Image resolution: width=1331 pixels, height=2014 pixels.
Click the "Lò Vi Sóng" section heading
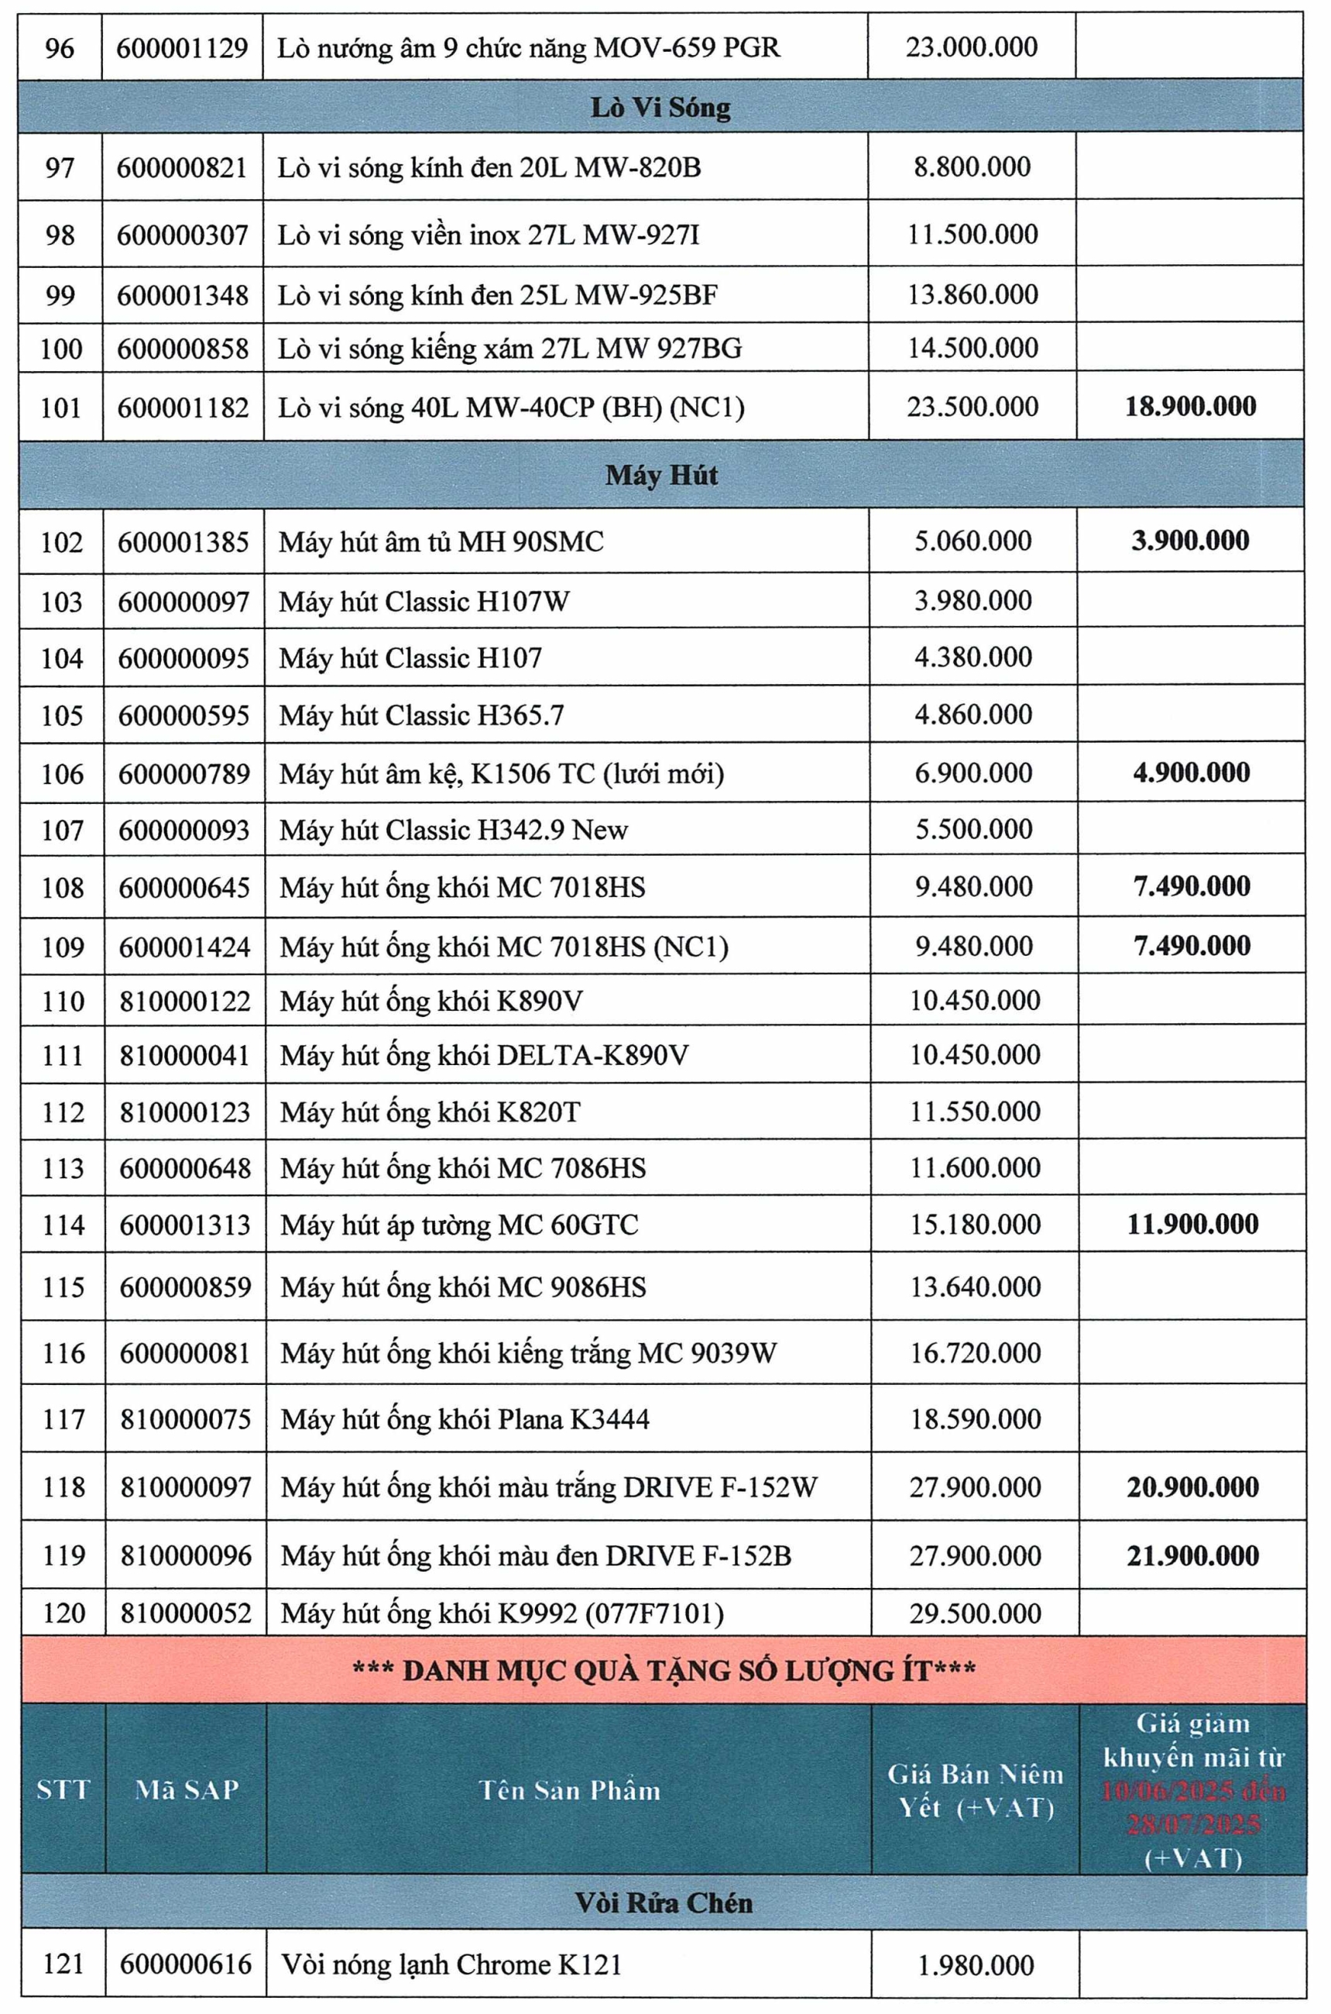tap(660, 108)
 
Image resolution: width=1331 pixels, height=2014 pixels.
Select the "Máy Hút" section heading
tap(661, 475)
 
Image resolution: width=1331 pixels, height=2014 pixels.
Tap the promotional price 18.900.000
tap(1190, 406)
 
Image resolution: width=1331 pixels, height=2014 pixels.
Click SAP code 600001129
tap(183, 47)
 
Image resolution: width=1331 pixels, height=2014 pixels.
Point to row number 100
tap(61, 348)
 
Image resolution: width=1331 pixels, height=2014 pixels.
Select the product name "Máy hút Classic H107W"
tap(424, 602)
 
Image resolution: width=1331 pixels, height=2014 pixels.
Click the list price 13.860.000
tap(973, 294)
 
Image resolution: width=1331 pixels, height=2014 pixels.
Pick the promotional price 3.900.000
tap(1190, 541)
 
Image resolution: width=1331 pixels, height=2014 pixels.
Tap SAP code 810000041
tap(185, 1055)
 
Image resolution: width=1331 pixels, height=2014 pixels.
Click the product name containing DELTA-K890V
tap(485, 1055)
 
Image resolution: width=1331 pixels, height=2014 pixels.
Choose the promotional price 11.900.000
tap(1192, 1224)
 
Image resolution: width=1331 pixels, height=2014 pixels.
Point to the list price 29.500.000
tap(976, 1614)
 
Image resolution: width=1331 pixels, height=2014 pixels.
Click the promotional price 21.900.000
tap(1192, 1555)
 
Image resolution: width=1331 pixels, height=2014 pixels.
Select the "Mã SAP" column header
tap(187, 1790)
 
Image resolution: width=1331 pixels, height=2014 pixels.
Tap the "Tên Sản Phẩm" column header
tap(570, 1790)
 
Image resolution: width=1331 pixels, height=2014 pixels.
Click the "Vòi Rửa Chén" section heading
tap(663, 1902)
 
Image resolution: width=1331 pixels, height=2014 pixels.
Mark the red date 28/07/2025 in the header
tap(1192, 1823)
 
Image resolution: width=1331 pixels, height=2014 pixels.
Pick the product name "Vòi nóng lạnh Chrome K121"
tap(451, 1964)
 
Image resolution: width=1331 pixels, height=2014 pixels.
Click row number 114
tap(63, 1225)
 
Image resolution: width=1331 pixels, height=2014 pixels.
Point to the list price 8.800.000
tap(972, 167)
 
